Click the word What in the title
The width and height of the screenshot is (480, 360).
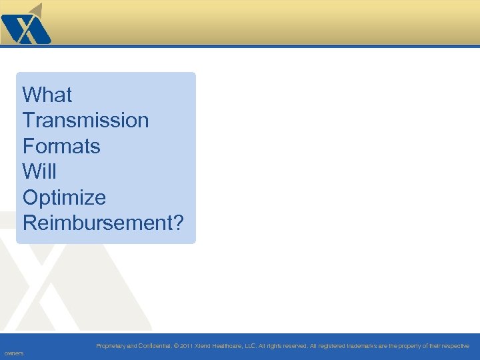pos(47,95)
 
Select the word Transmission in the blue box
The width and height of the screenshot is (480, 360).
pos(85,121)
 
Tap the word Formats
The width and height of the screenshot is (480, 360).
pos(61,146)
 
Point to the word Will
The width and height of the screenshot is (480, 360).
pos(39,171)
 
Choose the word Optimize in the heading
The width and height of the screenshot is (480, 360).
pos(64,197)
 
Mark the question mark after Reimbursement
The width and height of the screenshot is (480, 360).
pos(177,223)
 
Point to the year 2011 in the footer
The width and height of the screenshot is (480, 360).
pos(186,346)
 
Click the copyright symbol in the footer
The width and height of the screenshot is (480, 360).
pos(176,346)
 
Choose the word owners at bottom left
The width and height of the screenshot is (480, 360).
pos(14,353)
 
